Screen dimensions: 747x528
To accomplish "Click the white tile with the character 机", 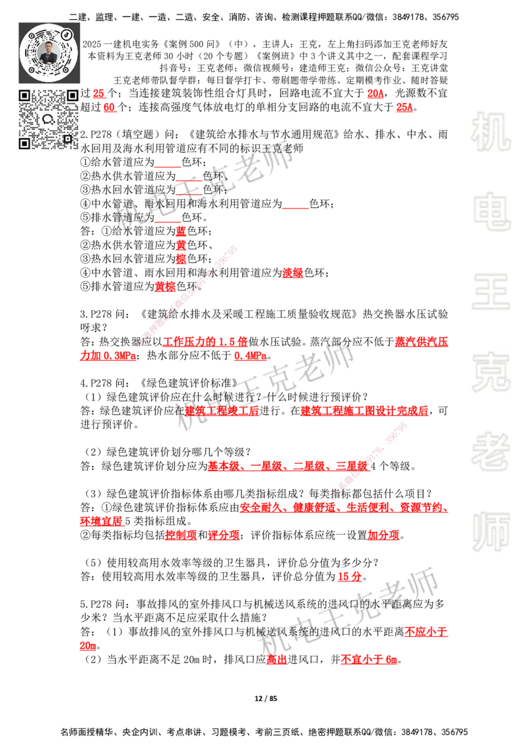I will [490, 132].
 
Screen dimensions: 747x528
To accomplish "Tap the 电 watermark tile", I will [493, 211].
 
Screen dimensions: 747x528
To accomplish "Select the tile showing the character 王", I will [490, 292].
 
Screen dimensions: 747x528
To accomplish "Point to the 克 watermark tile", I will [490, 372].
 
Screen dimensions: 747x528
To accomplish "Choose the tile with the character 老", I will [490, 451].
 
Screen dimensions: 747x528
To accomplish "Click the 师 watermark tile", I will [490, 533].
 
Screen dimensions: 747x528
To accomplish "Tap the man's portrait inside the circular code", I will [49, 53].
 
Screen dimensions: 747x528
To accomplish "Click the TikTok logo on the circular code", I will [67, 34].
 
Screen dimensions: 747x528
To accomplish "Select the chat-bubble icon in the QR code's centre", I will [49, 119].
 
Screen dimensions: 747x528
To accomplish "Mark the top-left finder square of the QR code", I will [25, 96].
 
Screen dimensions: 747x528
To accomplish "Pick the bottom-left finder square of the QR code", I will [25, 143].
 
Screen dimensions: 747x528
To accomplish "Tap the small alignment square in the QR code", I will [67, 138].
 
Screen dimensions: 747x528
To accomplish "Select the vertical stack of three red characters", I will [181, 245].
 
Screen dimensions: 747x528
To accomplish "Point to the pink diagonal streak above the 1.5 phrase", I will [188, 294].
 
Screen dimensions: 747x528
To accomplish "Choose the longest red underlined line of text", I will [343, 507].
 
